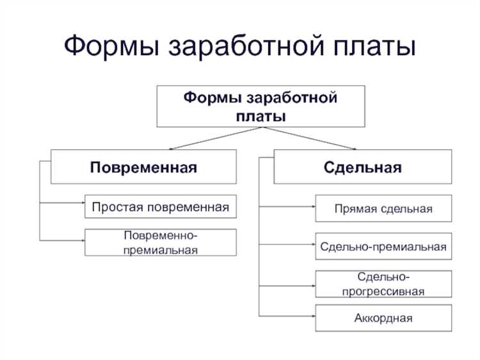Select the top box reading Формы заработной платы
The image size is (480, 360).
coord(260,106)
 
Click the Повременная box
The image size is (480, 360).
coord(143,167)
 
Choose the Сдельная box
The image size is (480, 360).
coord(362,167)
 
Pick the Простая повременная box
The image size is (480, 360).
coord(160,207)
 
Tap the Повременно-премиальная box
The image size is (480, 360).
coord(160,242)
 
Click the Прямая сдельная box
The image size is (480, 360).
coord(383,209)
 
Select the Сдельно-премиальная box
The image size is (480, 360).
coord(383,246)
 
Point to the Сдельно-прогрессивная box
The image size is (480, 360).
coord(383,283)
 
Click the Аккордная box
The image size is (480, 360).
coord(383,318)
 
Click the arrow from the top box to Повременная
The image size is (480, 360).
coord(205,138)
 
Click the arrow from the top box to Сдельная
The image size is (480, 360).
coord(314,138)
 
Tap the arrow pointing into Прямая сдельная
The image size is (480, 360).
coord(288,206)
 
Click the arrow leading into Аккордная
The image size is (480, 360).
coord(288,315)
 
